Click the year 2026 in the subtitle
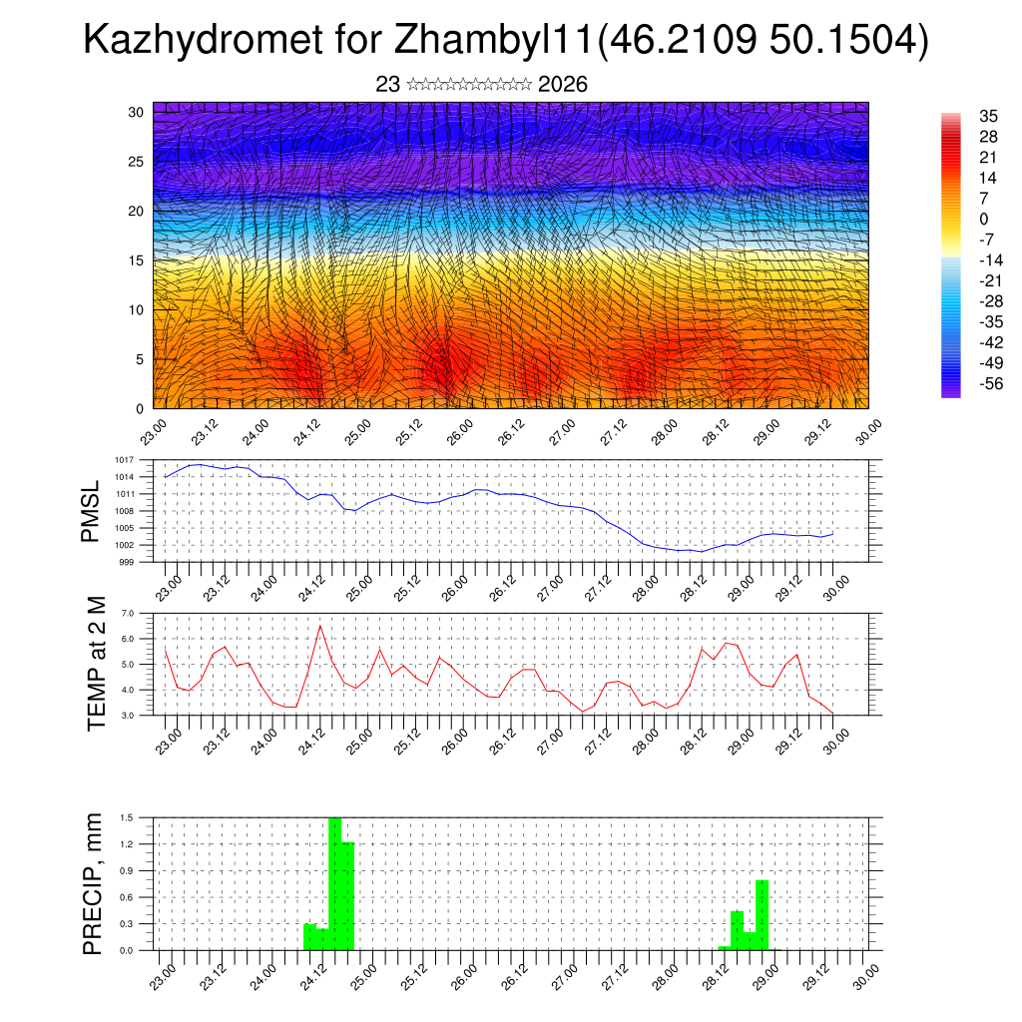tap(563, 85)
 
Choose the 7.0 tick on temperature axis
tap(128, 613)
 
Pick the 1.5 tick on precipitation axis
tap(128, 817)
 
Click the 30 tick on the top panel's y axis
tap(135, 112)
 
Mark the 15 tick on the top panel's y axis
tap(135, 260)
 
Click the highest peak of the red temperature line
tap(319, 626)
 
